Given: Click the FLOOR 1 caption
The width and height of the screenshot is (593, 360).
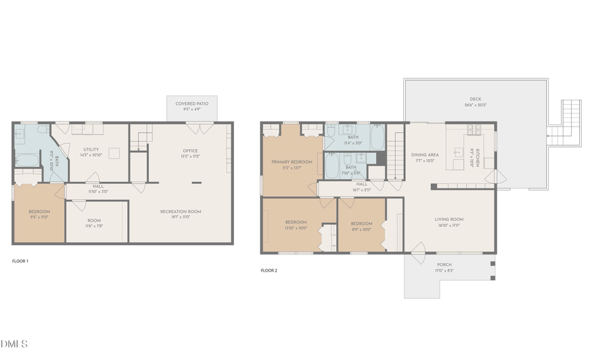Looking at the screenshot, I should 20,261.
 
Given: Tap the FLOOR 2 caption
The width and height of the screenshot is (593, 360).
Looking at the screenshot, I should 269,270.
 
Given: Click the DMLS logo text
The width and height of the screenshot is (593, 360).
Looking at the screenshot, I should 14,344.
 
